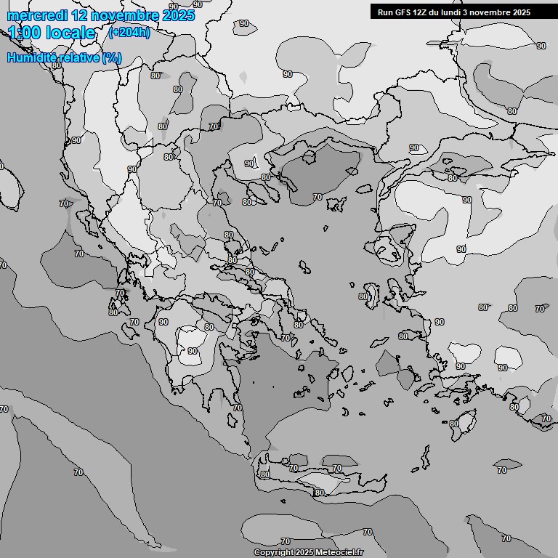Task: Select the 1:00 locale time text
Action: coord(52,33)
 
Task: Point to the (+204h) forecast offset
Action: coord(129,33)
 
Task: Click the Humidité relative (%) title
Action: coord(64,57)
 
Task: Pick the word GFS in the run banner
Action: coord(403,12)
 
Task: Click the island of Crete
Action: coord(320,476)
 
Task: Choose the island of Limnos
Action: coord(336,204)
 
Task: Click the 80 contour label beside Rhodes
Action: coord(453,424)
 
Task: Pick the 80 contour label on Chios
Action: coord(363,296)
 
